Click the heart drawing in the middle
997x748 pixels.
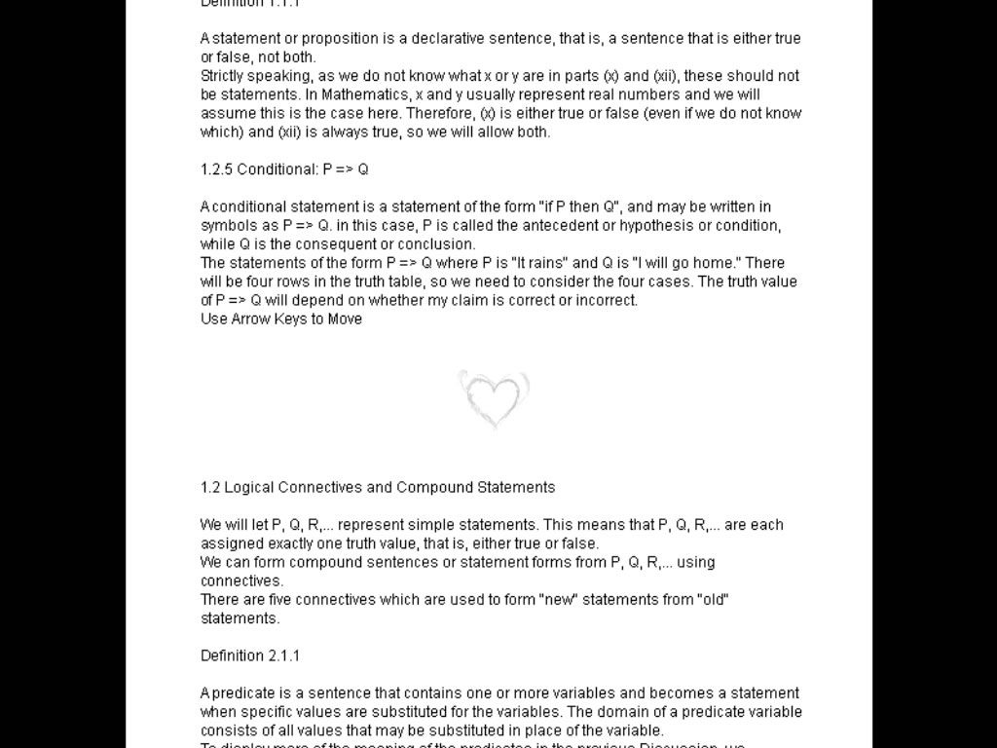point(495,398)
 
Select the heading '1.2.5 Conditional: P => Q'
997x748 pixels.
point(284,169)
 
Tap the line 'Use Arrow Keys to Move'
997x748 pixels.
point(281,319)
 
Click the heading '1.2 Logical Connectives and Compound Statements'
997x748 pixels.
point(378,488)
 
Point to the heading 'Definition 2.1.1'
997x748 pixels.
point(250,656)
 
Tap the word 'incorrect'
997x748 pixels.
point(606,301)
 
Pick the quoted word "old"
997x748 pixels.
point(714,600)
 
